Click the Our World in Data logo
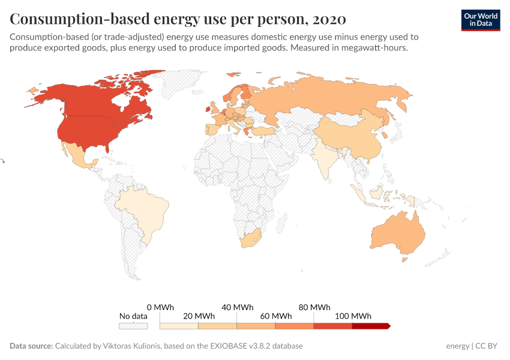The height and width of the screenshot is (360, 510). [x=480, y=20]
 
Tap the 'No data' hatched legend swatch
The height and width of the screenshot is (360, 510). [x=133, y=326]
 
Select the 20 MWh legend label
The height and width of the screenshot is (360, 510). [x=198, y=316]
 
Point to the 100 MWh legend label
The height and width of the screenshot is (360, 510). [x=352, y=316]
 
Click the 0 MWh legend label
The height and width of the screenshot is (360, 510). [x=160, y=307]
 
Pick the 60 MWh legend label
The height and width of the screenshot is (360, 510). [x=275, y=316]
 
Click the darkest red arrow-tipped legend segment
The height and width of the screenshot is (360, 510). [x=370, y=326]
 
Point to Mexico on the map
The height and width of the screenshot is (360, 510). [x=78, y=158]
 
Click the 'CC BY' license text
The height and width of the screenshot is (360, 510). [x=487, y=346]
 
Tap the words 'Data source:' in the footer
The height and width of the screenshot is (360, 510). [x=31, y=346]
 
